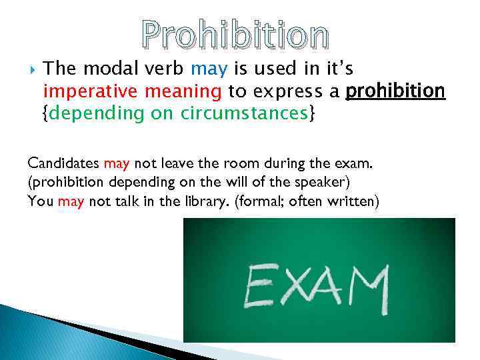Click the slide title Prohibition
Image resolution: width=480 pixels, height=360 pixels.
coord(235,36)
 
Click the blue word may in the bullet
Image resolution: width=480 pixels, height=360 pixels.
coord(203,69)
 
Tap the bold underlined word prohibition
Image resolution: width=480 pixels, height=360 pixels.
coord(396,91)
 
